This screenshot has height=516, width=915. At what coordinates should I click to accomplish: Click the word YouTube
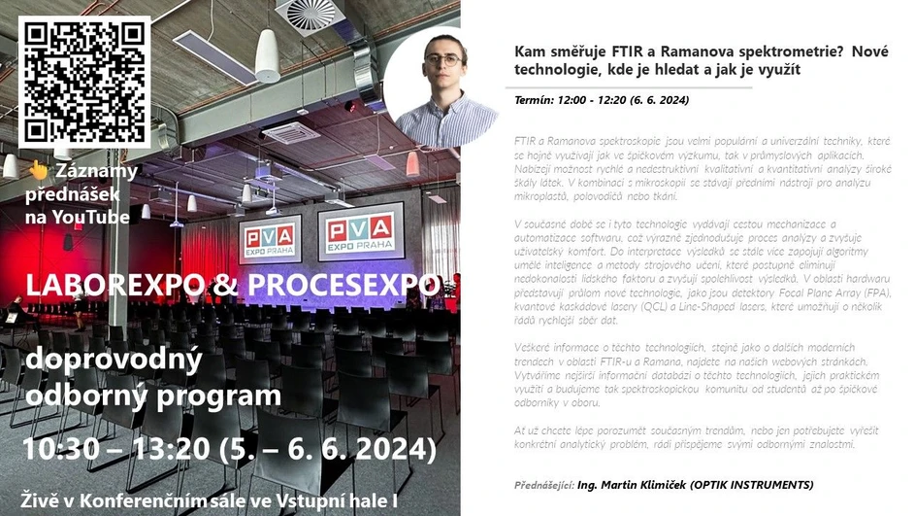point(91,217)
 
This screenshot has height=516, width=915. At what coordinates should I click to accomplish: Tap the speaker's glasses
point(443,58)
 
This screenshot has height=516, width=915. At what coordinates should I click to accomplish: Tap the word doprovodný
point(114,361)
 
